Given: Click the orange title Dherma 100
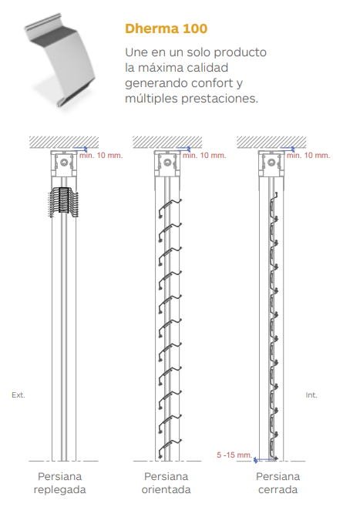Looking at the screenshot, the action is coord(166,29).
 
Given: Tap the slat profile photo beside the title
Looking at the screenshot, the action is coord(59,61).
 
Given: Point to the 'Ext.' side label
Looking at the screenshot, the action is coord(19,395).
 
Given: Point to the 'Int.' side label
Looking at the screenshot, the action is coord(311,395).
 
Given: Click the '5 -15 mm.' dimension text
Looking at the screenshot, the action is coord(234,455).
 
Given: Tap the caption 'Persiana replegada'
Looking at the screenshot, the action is coord(59,483).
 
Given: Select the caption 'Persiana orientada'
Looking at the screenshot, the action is coord(166,483).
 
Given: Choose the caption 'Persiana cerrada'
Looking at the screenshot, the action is coord(278,483).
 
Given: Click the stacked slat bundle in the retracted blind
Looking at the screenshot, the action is coord(64,202).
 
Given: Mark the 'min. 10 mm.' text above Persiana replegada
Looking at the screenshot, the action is coord(101,156).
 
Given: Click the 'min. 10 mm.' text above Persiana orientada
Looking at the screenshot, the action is coord(204,156).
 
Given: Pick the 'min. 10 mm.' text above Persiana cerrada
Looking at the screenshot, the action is coord(308,156).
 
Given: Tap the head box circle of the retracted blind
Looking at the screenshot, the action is coord(64,163).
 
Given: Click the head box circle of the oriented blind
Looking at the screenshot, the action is coord(167,163).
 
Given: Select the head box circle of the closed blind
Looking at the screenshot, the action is coord(271,163).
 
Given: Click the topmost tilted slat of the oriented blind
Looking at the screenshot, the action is coord(170,208).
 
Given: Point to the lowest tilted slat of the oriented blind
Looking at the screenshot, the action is coord(170,448).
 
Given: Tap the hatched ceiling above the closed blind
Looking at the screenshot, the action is coord(271,142).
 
